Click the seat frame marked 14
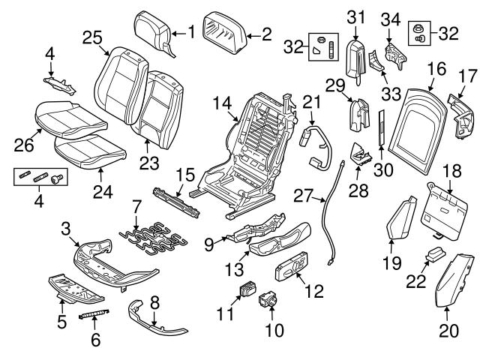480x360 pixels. [x=262, y=150]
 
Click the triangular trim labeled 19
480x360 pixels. [x=404, y=218]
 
